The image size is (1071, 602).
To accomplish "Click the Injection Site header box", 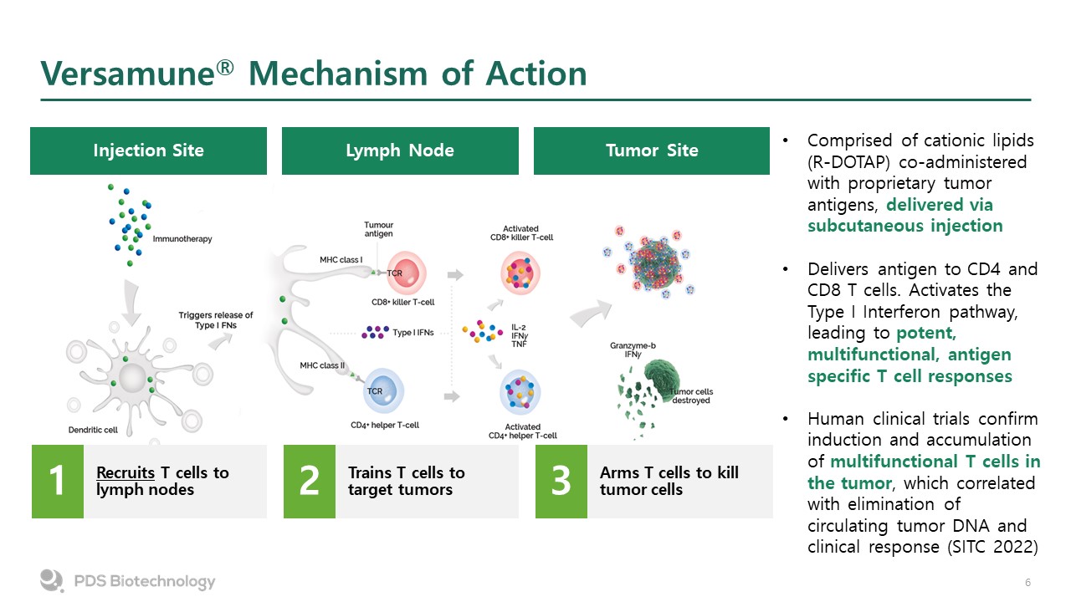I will [148, 150].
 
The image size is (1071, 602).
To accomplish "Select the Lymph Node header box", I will [400, 150].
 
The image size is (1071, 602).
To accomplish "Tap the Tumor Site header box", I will [652, 150].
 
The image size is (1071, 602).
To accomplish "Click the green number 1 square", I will [58, 482].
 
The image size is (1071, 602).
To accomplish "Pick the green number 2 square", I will [310, 482].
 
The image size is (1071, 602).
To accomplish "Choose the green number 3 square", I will [561, 482].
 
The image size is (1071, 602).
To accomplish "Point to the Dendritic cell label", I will [93, 431].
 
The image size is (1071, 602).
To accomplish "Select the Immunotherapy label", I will [182, 239].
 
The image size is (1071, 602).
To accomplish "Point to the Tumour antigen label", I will [378, 229].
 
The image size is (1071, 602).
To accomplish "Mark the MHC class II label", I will [321, 365].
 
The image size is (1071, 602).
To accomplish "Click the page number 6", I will [1027, 582].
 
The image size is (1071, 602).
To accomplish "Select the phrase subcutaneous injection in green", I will [904, 226].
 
